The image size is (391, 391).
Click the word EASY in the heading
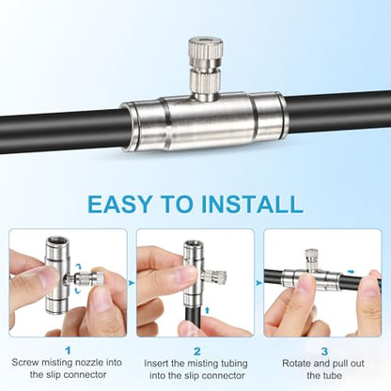(x=119, y=204)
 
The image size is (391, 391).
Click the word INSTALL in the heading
(x=252, y=204)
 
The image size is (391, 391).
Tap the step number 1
(x=68, y=351)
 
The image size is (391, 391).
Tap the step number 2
(x=196, y=352)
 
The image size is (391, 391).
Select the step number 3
(x=324, y=352)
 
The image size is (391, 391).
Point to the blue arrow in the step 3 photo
(x=351, y=272)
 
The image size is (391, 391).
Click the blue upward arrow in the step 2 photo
(x=207, y=310)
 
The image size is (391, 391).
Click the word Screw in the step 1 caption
(x=25, y=363)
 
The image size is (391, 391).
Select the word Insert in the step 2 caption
(x=157, y=364)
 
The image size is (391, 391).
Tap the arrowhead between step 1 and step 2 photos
(x=132, y=283)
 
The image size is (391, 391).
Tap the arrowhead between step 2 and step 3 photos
(x=258, y=283)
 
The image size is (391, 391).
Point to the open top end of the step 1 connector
(x=59, y=242)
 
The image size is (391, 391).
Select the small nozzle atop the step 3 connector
(x=310, y=259)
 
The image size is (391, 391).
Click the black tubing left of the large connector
(x=63, y=131)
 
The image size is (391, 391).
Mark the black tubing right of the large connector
(x=336, y=114)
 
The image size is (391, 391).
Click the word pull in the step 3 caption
(x=339, y=364)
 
